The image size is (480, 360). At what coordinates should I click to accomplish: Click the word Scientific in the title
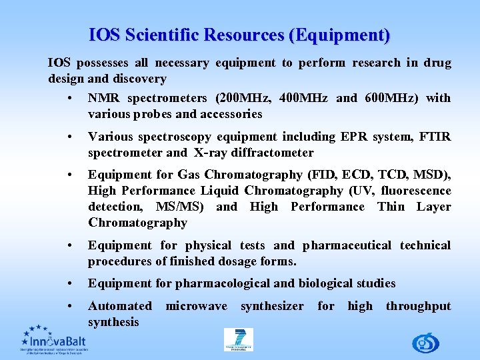coord(167,35)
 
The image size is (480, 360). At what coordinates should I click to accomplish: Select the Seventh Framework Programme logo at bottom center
coord(239,339)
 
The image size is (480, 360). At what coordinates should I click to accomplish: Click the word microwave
coord(196,306)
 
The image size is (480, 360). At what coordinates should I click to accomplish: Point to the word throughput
coord(418,306)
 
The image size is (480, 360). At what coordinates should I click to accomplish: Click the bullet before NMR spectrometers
coord(70,99)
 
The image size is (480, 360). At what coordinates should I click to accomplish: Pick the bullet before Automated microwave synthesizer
coord(70,307)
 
